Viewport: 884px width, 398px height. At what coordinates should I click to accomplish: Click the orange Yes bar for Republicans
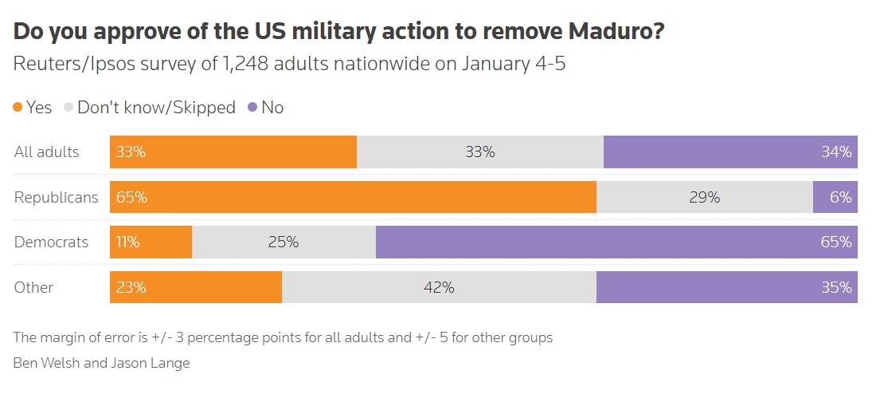tap(353, 197)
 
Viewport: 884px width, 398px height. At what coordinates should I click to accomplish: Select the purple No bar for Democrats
tap(616, 242)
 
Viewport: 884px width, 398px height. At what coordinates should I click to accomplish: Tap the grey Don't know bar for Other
tap(439, 287)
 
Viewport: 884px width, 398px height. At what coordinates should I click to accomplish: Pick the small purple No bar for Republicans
tap(835, 197)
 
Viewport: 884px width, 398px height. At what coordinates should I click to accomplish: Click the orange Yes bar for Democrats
tap(151, 242)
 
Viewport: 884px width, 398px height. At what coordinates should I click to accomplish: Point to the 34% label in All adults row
tap(837, 152)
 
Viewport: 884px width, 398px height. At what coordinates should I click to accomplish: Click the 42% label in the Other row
tap(439, 287)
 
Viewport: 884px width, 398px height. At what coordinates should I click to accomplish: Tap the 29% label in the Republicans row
tap(705, 197)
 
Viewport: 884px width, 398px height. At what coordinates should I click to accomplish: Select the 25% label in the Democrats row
tap(284, 242)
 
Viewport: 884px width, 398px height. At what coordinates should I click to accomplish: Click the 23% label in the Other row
tap(131, 287)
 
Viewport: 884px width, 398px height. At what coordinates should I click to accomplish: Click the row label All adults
tap(47, 152)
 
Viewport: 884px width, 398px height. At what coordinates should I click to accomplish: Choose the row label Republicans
tap(56, 198)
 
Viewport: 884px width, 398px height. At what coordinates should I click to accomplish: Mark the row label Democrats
tap(51, 242)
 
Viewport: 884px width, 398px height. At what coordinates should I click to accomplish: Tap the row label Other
tap(33, 287)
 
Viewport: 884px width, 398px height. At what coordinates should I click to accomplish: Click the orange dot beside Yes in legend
tap(18, 107)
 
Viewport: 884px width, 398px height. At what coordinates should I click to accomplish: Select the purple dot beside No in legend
tap(252, 107)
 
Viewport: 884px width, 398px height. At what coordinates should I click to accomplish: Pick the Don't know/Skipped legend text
tap(157, 107)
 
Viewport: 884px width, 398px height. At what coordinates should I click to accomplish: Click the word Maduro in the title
tap(616, 32)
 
